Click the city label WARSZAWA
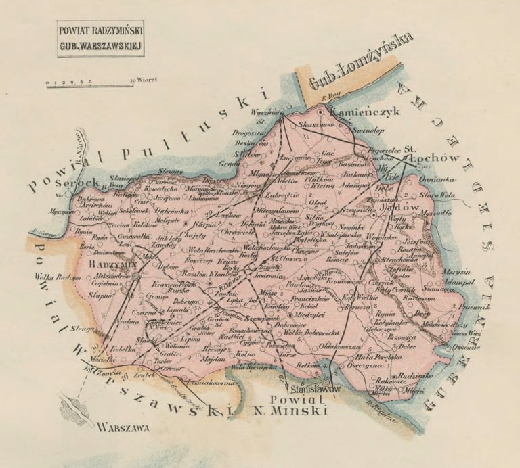[x=125, y=426]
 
